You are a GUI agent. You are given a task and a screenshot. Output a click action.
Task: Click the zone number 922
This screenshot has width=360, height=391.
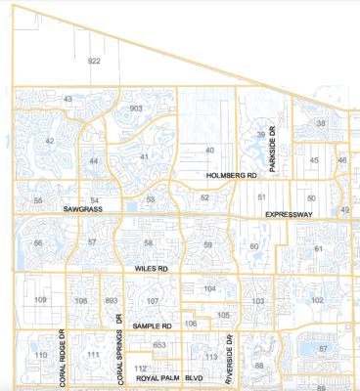[x=94, y=61]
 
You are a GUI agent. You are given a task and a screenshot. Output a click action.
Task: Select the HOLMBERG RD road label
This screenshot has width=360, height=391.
[x=231, y=174]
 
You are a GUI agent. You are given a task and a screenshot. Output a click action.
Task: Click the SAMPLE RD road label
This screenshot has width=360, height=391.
[x=152, y=326]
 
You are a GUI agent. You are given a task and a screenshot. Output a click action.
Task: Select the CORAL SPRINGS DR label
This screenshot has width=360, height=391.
[x=119, y=346]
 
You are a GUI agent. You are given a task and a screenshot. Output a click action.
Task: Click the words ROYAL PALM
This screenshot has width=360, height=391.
[x=159, y=377]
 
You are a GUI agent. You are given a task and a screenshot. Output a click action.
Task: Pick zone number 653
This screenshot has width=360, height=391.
[x=160, y=345]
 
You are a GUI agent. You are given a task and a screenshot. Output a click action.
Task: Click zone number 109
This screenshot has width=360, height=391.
[x=41, y=299]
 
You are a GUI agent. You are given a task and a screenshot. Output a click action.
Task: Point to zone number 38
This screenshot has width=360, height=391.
[x=321, y=123]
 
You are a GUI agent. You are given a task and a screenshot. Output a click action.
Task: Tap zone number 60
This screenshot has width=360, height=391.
[x=254, y=247]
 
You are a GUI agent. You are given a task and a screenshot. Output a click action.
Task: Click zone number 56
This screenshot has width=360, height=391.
[x=38, y=242]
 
